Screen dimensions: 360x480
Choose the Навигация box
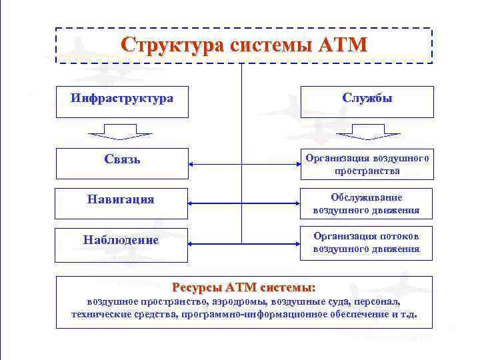[x=122, y=199]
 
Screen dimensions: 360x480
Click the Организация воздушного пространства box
[x=367, y=164]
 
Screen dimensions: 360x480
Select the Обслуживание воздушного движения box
[x=367, y=204]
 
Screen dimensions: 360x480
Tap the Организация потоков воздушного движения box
[x=367, y=243]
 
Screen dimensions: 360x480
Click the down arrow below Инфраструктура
[x=122, y=133]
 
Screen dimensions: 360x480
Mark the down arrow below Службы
[x=367, y=133]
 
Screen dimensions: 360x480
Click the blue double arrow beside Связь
[x=244, y=164]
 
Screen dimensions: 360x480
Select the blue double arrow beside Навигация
[x=244, y=203]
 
